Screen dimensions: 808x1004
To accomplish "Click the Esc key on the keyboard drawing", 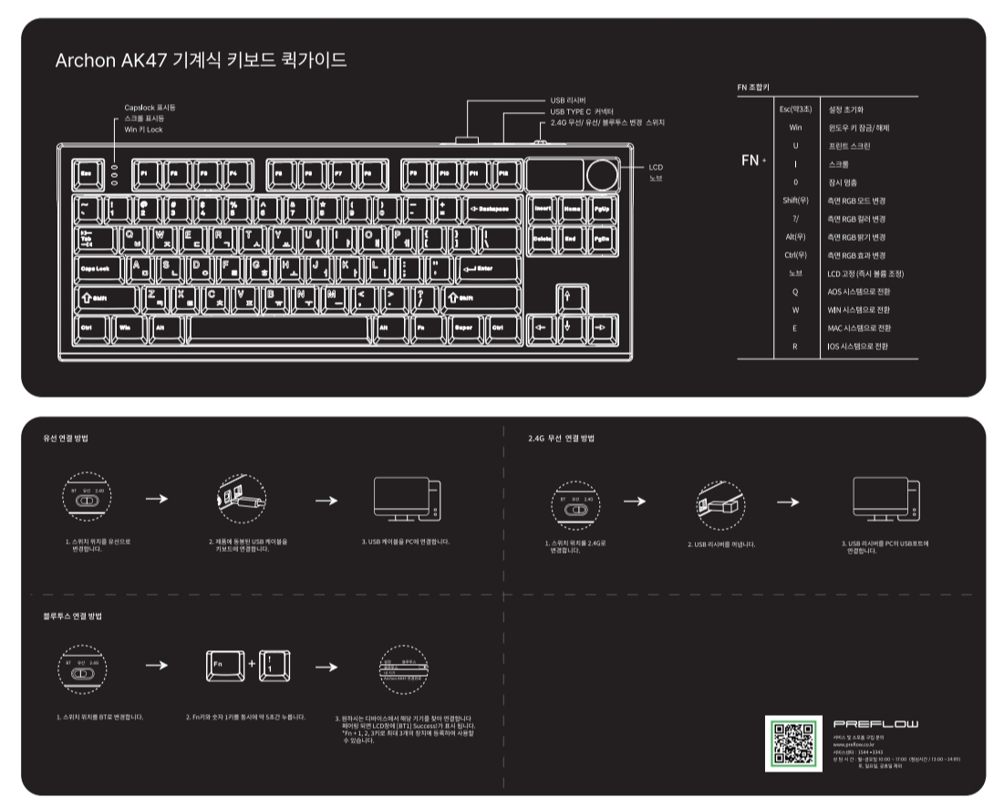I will pyautogui.click(x=88, y=171).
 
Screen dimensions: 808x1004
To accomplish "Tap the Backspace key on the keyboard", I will pyautogui.click(x=492, y=209).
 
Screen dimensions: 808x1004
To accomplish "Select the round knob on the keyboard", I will pyautogui.click(x=602, y=174).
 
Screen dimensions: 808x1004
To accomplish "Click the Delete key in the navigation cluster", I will pyautogui.click(x=543, y=239).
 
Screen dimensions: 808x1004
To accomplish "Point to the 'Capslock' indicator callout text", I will pyautogui.click(x=150, y=108).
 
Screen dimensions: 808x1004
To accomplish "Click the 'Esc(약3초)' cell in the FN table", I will pyautogui.click(x=794, y=109).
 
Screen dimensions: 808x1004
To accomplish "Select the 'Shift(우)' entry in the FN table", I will pyautogui.click(x=796, y=200).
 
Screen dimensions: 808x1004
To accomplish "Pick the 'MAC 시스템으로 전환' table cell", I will pyautogui.click(x=858, y=327).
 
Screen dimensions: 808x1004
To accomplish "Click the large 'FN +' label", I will pyautogui.click(x=753, y=161).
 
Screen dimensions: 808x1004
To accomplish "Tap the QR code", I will pyautogui.click(x=792, y=741).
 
